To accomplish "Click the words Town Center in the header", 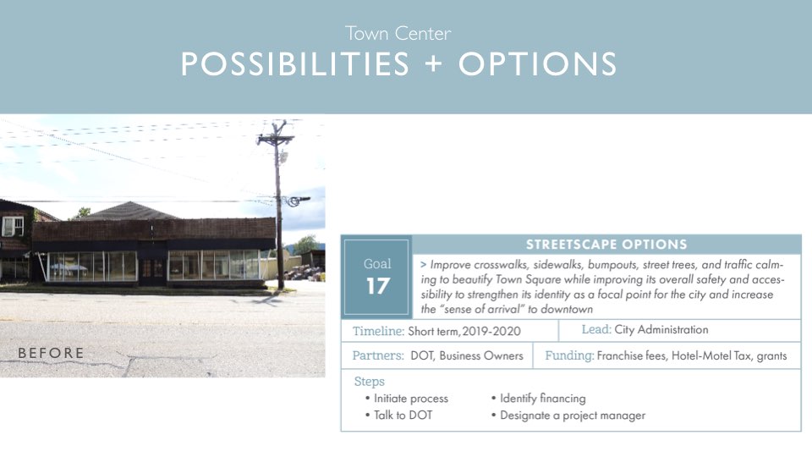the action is point(398,34).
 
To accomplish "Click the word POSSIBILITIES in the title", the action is point(295,65).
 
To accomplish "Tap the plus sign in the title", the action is point(433,65).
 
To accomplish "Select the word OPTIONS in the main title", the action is point(538,65).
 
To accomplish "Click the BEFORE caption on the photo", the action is point(51,353).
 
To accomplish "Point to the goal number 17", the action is point(377,286).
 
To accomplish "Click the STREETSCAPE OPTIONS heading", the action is point(606,245).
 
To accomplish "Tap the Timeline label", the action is point(379,331).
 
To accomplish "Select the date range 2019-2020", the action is point(491,332).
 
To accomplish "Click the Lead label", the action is point(596,329).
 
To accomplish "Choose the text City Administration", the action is point(661,329).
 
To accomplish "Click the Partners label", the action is point(378,355).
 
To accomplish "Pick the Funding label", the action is point(569,356).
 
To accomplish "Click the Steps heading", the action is point(370,382).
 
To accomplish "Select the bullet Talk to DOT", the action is point(398,415).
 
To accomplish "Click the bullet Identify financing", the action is point(538,399).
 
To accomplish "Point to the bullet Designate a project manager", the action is point(568,416).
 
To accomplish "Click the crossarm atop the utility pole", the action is point(276,139).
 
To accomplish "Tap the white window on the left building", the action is point(13,227).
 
